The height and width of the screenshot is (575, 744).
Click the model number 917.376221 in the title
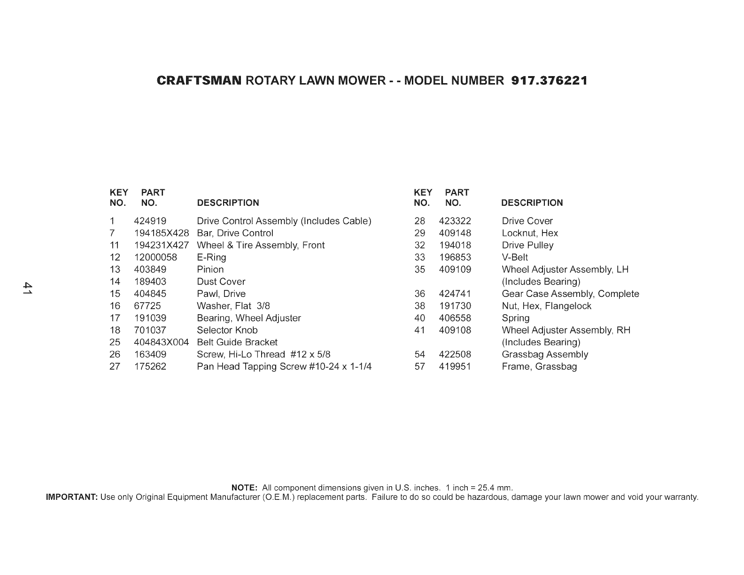coord(549,81)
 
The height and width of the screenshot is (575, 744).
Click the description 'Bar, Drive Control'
coord(235,233)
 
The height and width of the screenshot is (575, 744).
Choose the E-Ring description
coord(211,257)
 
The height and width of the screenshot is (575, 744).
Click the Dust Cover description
coord(221,282)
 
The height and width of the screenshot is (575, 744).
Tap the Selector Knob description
coord(227,330)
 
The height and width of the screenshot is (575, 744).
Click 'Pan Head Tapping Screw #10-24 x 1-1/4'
coord(284,366)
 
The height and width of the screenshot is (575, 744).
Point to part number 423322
coord(455,221)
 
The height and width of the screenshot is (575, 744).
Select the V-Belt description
coord(515,257)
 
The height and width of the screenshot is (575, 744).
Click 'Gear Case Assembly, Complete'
coord(570,294)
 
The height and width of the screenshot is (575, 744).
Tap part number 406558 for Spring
coord(455,318)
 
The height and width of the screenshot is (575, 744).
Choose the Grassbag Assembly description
coord(545,355)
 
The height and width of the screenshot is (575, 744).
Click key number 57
coord(419,366)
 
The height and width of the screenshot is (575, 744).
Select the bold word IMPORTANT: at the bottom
coord(71,497)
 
